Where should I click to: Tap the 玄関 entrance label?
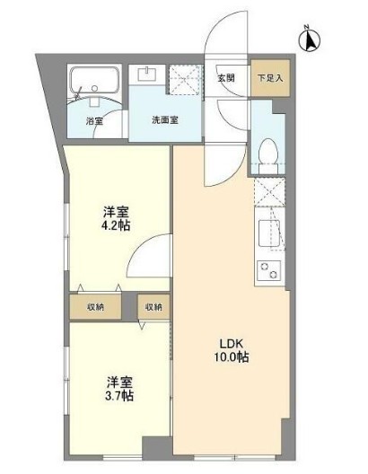[225, 77]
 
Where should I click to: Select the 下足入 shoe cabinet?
[269, 77]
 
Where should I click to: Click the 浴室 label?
[94, 119]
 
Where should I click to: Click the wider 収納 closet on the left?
[96, 306]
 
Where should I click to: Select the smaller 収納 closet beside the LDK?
[154, 306]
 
